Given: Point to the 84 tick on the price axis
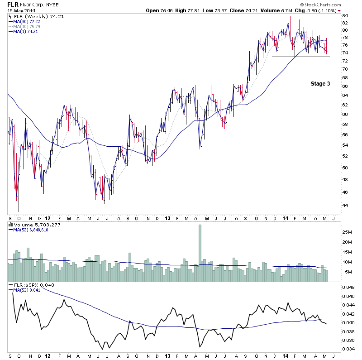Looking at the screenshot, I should (345, 16).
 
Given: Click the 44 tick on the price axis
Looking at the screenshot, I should (345, 205).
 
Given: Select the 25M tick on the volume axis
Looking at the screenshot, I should (347, 232).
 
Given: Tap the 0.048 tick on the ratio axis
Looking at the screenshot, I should (348, 288).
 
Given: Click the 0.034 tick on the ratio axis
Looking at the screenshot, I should (348, 348).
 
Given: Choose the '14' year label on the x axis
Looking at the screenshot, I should (286, 217).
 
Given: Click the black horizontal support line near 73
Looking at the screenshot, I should (300, 57).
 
